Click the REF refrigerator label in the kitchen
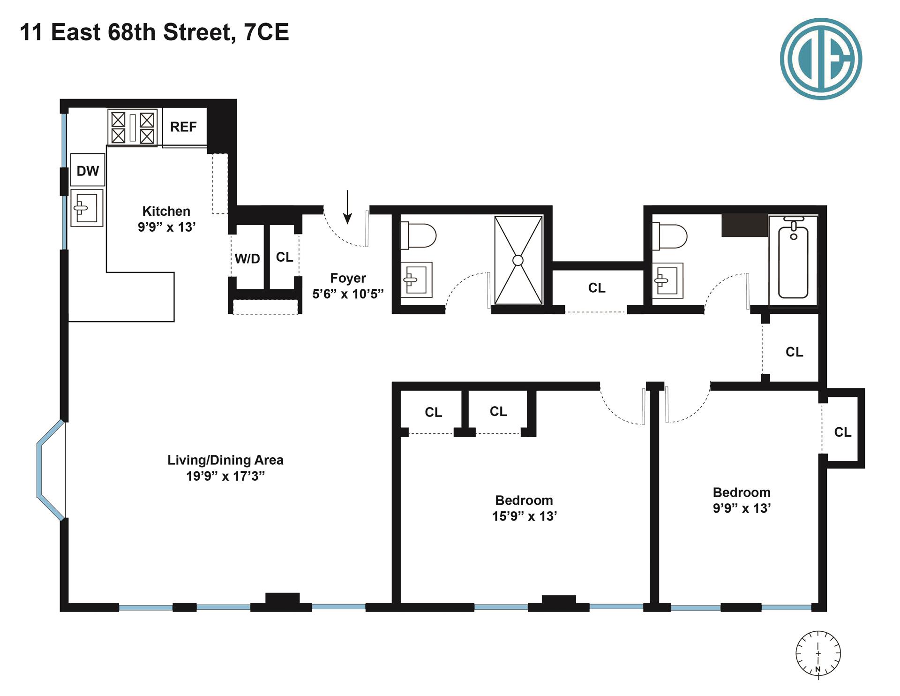pos(183,127)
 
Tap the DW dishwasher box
pos(88,171)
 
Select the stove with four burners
pos(133,128)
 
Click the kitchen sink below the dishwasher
pos(87,208)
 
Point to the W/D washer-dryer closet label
pos(247,258)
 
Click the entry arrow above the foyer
pos(347,206)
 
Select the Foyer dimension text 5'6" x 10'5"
pos(348,294)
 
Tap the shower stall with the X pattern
pos(518,260)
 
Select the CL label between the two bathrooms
pos(597,287)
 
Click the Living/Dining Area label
pos(225,460)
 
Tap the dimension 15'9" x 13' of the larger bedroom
pos(524,516)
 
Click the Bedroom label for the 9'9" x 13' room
pos(742,492)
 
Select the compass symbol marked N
pos(818,654)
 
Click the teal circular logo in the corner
pos(821,59)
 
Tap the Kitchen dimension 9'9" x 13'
pos(166,227)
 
